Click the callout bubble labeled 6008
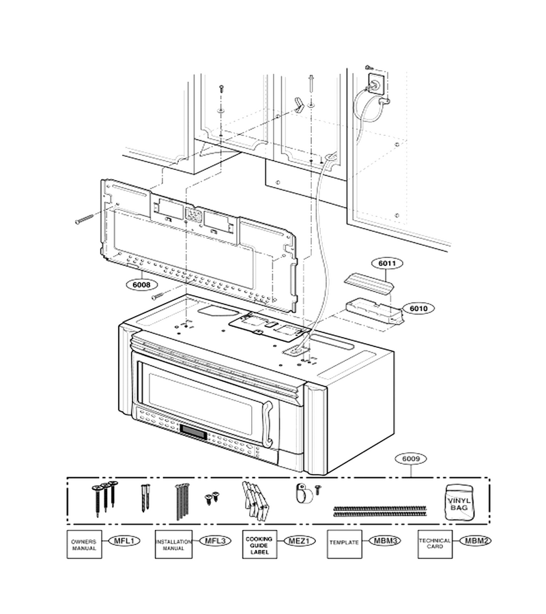141,284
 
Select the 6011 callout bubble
387,263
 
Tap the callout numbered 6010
418,308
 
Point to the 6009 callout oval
411,458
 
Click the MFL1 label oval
124,541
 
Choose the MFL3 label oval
215,541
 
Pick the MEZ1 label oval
299,541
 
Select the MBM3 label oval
385,541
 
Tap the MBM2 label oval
476,541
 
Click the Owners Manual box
84,544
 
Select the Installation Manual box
173,544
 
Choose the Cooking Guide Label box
259,544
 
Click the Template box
344,544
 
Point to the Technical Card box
435,544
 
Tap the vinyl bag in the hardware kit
459,502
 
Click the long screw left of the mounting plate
85,219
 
